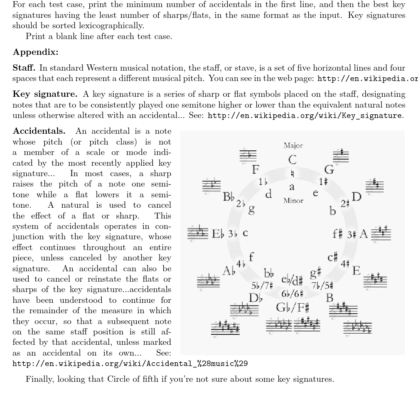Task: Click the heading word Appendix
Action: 36,52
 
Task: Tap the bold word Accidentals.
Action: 39,131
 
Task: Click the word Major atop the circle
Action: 293,145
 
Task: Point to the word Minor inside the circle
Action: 293,200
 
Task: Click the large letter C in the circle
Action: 293,160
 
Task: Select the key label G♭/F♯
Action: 293,308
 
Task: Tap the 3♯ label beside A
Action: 352,234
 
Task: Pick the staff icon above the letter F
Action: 248,155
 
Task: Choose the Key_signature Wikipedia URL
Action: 305,115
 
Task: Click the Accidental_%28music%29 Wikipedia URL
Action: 130,364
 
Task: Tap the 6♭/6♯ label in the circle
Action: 292,293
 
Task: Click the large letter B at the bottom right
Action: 329,297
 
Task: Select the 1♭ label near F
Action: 263,182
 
